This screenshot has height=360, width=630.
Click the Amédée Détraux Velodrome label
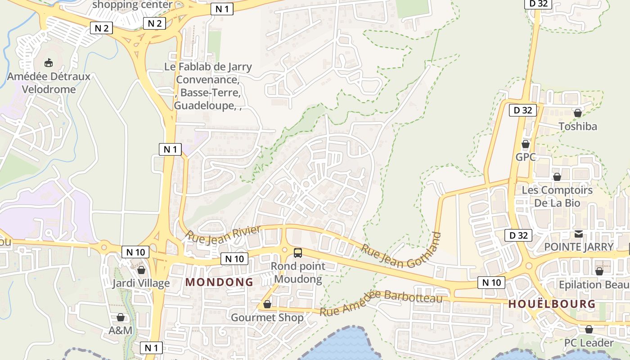click(x=49, y=83)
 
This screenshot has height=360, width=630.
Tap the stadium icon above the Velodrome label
click(x=49, y=63)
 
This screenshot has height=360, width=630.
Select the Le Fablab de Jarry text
click(x=208, y=67)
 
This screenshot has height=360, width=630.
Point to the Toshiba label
click(x=578, y=126)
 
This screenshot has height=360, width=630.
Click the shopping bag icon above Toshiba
click(x=578, y=112)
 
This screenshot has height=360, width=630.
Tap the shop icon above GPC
click(x=525, y=144)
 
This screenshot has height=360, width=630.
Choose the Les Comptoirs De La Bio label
click(x=557, y=197)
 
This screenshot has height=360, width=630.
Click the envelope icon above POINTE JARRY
click(x=579, y=234)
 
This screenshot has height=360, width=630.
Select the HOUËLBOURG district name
click(x=552, y=304)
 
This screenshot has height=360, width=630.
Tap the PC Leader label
click(x=589, y=343)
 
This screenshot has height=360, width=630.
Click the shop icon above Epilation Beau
click(x=599, y=271)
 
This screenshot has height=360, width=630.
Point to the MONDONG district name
click(x=220, y=282)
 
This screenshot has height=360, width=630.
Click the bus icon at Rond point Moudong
click(x=297, y=252)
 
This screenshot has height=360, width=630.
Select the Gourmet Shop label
click(x=267, y=318)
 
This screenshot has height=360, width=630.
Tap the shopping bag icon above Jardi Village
click(x=141, y=270)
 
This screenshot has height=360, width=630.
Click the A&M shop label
click(x=121, y=331)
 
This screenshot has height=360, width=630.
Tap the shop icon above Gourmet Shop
click(x=267, y=304)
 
